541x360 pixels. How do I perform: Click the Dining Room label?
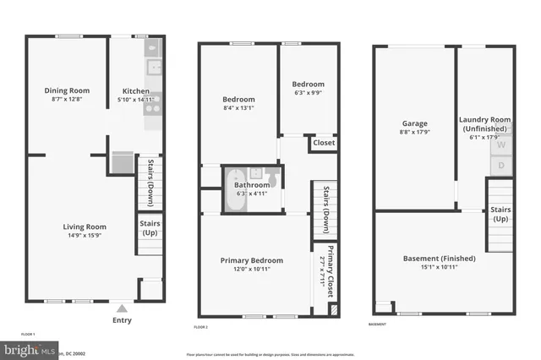point(67,90)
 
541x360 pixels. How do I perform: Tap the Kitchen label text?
point(136,91)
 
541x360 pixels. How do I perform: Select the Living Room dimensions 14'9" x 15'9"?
point(84,236)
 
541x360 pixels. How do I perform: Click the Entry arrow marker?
point(123,309)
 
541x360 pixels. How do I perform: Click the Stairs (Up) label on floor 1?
point(150,228)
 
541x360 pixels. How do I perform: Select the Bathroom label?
point(252,185)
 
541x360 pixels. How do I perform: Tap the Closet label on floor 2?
point(324,143)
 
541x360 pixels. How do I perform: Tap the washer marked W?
point(500,145)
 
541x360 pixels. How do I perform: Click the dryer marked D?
point(500,166)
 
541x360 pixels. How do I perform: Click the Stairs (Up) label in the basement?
point(500,213)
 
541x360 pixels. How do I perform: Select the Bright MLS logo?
point(30,348)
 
